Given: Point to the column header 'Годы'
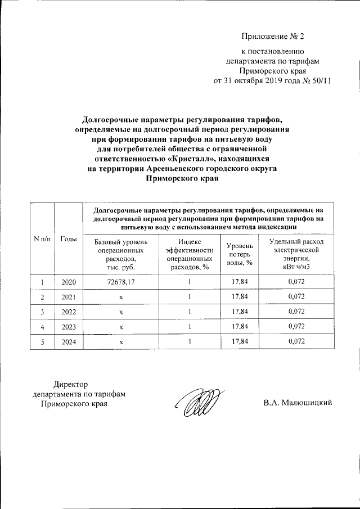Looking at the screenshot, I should (68, 239).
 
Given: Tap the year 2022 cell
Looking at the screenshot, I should (68, 312).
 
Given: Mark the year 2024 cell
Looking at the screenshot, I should (68, 341).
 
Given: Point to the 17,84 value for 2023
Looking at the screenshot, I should (240, 326).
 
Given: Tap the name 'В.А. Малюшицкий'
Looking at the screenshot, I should (298, 403).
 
